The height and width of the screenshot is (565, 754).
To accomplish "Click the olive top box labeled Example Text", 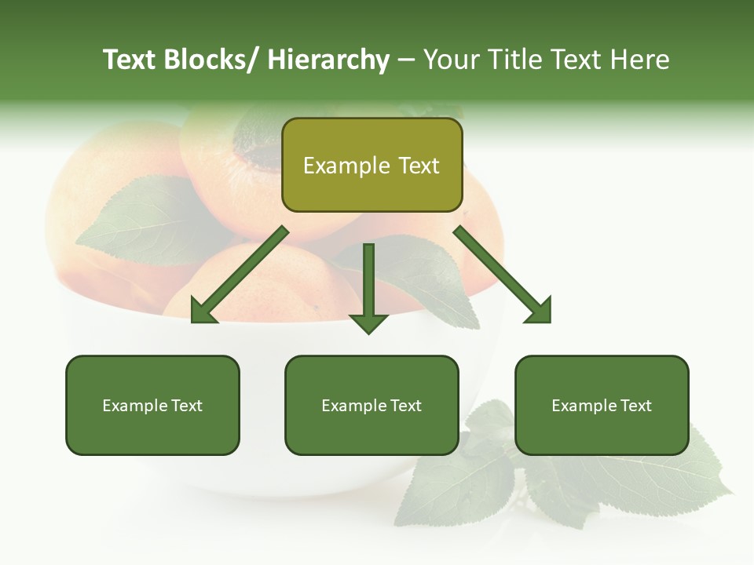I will (372, 165).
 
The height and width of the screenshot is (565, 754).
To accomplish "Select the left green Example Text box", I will (152, 405).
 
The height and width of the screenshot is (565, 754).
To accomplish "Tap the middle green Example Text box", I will (372, 405).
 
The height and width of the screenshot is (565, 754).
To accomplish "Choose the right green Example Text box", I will (602, 405).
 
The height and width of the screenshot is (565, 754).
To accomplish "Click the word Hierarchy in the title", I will (328, 60).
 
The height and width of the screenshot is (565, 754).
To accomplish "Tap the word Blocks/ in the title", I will (211, 60).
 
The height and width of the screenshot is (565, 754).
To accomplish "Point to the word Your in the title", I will (448, 60).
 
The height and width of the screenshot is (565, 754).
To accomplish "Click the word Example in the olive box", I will (346, 166).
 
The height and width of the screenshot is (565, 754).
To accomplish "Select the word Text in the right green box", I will (636, 406).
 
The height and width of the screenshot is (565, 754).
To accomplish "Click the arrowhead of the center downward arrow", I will (368, 322).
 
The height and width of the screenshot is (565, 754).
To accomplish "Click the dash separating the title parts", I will (406, 60).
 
